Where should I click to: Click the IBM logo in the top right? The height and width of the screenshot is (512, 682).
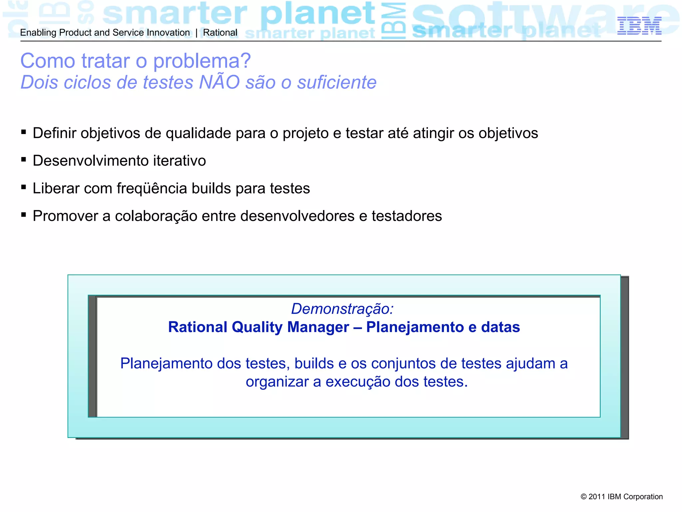639,26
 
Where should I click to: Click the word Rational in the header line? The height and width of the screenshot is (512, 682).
220,33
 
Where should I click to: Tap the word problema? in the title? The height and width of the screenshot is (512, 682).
202,61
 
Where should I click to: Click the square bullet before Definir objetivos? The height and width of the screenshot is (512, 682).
24,132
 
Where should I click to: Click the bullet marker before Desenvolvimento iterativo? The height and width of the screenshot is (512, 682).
24,160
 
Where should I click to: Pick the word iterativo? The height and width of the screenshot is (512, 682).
179,161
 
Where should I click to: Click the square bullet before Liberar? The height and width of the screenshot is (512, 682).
24,187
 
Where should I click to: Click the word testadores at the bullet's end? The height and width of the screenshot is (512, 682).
407,216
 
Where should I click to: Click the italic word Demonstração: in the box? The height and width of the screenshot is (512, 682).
342,309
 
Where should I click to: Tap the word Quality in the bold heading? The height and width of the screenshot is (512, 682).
257,327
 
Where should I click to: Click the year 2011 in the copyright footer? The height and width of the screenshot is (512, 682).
596,497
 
